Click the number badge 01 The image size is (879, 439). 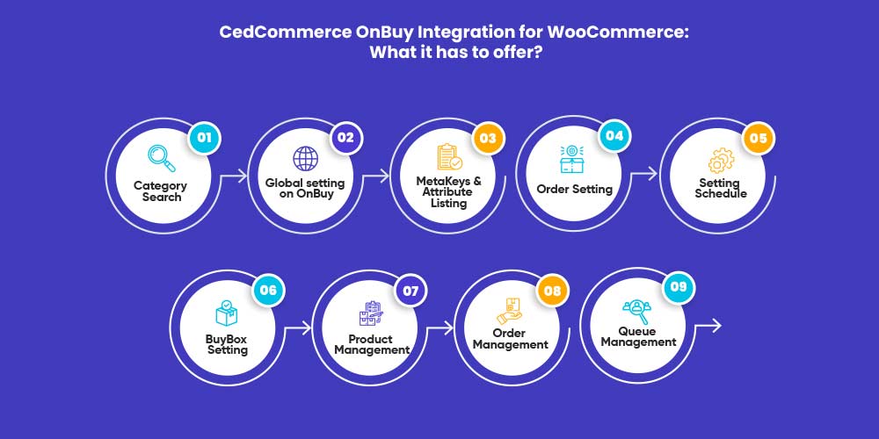(x=204, y=137)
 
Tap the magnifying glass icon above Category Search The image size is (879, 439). (x=162, y=158)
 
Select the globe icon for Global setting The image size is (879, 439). (x=306, y=158)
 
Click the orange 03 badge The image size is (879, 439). (x=488, y=138)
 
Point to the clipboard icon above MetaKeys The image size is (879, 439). (x=449, y=157)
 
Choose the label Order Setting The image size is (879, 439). (x=575, y=190)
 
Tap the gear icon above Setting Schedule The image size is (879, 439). (x=721, y=160)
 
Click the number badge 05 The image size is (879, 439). (x=758, y=138)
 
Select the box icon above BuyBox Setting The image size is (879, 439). (x=227, y=313)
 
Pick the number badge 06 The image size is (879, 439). (x=268, y=290)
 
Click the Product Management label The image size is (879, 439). (x=372, y=344)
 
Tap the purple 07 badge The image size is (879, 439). (x=410, y=291)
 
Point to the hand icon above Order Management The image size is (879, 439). (x=510, y=312)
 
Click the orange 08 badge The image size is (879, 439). (x=552, y=291)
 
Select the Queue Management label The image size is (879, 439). (x=639, y=336)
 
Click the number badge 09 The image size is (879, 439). (x=679, y=287)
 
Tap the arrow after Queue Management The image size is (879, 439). (x=708, y=326)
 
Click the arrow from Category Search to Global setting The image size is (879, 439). (x=234, y=176)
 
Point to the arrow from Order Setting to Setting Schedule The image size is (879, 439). (x=644, y=174)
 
